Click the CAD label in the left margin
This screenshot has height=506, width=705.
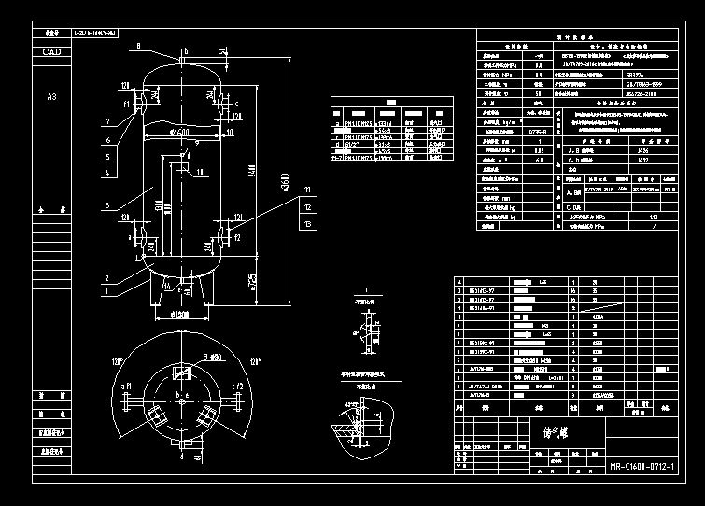click(x=52, y=52)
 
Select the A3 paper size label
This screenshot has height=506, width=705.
click(x=52, y=96)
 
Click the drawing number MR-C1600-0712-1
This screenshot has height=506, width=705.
click(x=645, y=467)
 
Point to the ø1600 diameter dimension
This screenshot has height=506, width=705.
click(x=186, y=132)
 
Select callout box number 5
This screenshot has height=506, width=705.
click(x=109, y=157)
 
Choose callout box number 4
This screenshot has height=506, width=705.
click(x=109, y=173)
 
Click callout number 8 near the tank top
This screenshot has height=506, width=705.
click(x=138, y=45)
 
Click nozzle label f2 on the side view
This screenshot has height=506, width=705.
click(x=237, y=236)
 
